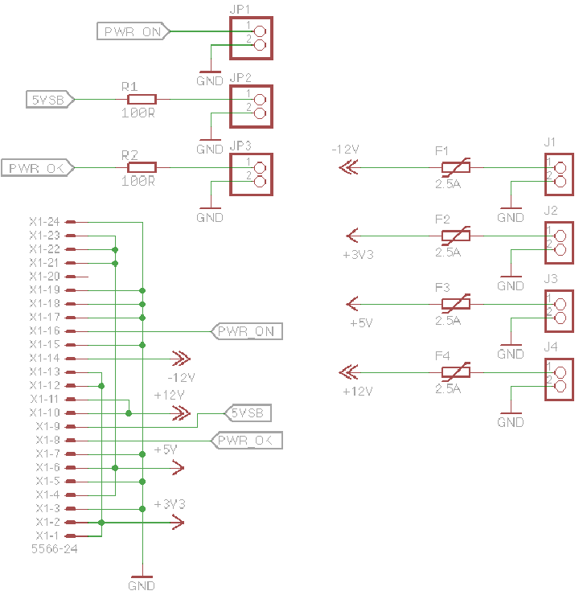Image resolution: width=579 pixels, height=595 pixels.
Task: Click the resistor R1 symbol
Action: [142, 99]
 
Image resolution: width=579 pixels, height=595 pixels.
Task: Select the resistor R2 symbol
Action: [142, 167]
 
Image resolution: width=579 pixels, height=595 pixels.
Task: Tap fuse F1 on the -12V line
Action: [456, 168]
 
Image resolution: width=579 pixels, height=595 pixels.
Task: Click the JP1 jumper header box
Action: [252, 38]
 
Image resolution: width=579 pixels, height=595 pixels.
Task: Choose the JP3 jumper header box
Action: [252, 174]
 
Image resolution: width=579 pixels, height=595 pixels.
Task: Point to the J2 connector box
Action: [556, 243]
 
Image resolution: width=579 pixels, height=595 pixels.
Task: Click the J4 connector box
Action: [556, 379]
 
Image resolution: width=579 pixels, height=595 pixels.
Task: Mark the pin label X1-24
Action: [44, 222]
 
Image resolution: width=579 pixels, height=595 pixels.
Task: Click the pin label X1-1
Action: [47, 535]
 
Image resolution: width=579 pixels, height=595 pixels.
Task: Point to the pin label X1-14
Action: [44, 358]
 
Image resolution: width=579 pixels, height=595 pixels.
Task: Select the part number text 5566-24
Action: [53, 550]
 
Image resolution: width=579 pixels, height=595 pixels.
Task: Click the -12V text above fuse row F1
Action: [345, 150]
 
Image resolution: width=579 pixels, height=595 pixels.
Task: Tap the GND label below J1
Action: [511, 218]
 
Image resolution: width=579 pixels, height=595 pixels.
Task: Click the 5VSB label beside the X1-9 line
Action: [248, 413]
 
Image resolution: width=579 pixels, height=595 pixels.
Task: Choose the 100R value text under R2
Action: [138, 182]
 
